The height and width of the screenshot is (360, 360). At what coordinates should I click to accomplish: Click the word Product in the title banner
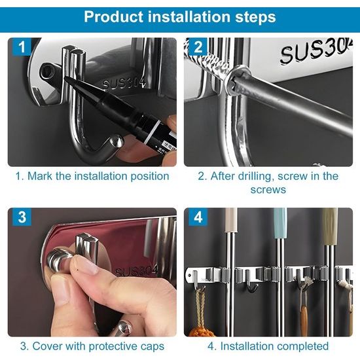point(115,17)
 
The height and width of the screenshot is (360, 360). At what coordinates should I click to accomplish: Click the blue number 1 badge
point(22,46)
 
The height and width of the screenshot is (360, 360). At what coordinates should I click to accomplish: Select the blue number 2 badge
point(198,46)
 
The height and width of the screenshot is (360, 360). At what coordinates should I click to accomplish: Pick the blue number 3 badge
point(22,217)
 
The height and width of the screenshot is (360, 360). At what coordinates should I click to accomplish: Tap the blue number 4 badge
point(198,217)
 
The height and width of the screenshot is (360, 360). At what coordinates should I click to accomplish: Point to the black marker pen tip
point(67,79)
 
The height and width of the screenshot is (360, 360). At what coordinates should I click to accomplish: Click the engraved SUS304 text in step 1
point(124,83)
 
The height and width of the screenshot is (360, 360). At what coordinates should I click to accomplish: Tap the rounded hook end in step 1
point(118,141)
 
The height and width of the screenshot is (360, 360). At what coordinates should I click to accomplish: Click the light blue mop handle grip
point(280,224)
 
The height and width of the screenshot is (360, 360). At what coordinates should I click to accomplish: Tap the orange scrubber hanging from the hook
point(200,331)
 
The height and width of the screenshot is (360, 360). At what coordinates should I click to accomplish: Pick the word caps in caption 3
point(152,346)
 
